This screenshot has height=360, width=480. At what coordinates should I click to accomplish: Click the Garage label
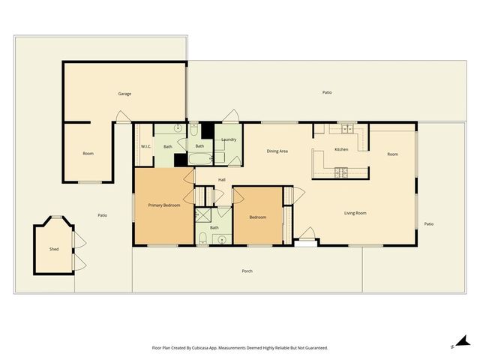pos(124,94)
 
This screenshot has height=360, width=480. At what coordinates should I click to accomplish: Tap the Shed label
pos(54,248)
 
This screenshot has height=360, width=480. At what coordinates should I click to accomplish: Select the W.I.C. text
pos(146,146)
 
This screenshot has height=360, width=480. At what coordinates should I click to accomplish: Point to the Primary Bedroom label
pos(163,205)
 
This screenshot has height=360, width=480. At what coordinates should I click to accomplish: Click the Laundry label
pos(229,139)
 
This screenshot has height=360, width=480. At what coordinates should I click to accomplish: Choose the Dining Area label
pos(277,151)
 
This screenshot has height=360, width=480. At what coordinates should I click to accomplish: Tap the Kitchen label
pos(341,149)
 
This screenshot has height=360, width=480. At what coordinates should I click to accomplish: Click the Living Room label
pos(355,213)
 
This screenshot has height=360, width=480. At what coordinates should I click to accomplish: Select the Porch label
pos(247,271)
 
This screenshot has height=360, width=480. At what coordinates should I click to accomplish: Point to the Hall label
pos(222,180)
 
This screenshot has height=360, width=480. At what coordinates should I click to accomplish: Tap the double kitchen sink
pos(348,128)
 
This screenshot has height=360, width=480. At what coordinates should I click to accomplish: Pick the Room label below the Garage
pos(88,154)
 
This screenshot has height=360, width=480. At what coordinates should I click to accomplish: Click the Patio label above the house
pos(327,92)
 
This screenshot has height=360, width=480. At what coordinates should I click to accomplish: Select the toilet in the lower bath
pos(203,239)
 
